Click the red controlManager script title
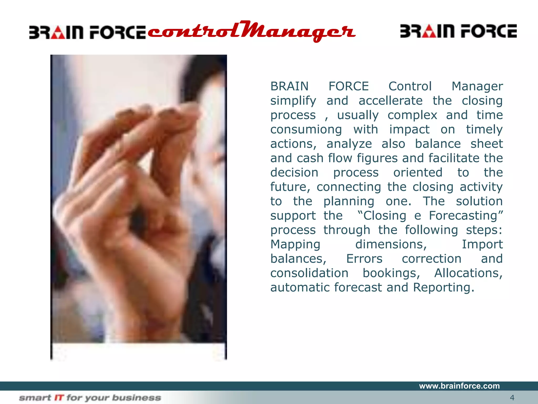click(x=251, y=32)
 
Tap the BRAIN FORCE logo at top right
click(x=458, y=31)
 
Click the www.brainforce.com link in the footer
click(x=459, y=386)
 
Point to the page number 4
click(x=512, y=397)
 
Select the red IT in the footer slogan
click(x=59, y=398)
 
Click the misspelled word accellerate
click(x=390, y=101)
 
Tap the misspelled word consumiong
click(x=306, y=129)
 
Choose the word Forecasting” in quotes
click(x=466, y=216)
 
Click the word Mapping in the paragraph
click(x=295, y=244)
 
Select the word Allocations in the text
click(x=468, y=273)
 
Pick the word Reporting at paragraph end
click(x=443, y=287)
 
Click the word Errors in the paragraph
click(x=364, y=259)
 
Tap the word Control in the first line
click(x=410, y=86)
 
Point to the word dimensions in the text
click(x=391, y=244)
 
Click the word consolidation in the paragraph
click(x=309, y=273)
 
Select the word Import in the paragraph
click(x=482, y=244)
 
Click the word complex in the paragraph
click(x=412, y=115)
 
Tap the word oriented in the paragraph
click(x=418, y=173)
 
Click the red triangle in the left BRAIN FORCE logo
click(x=58, y=33)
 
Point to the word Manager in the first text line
click(x=477, y=86)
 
